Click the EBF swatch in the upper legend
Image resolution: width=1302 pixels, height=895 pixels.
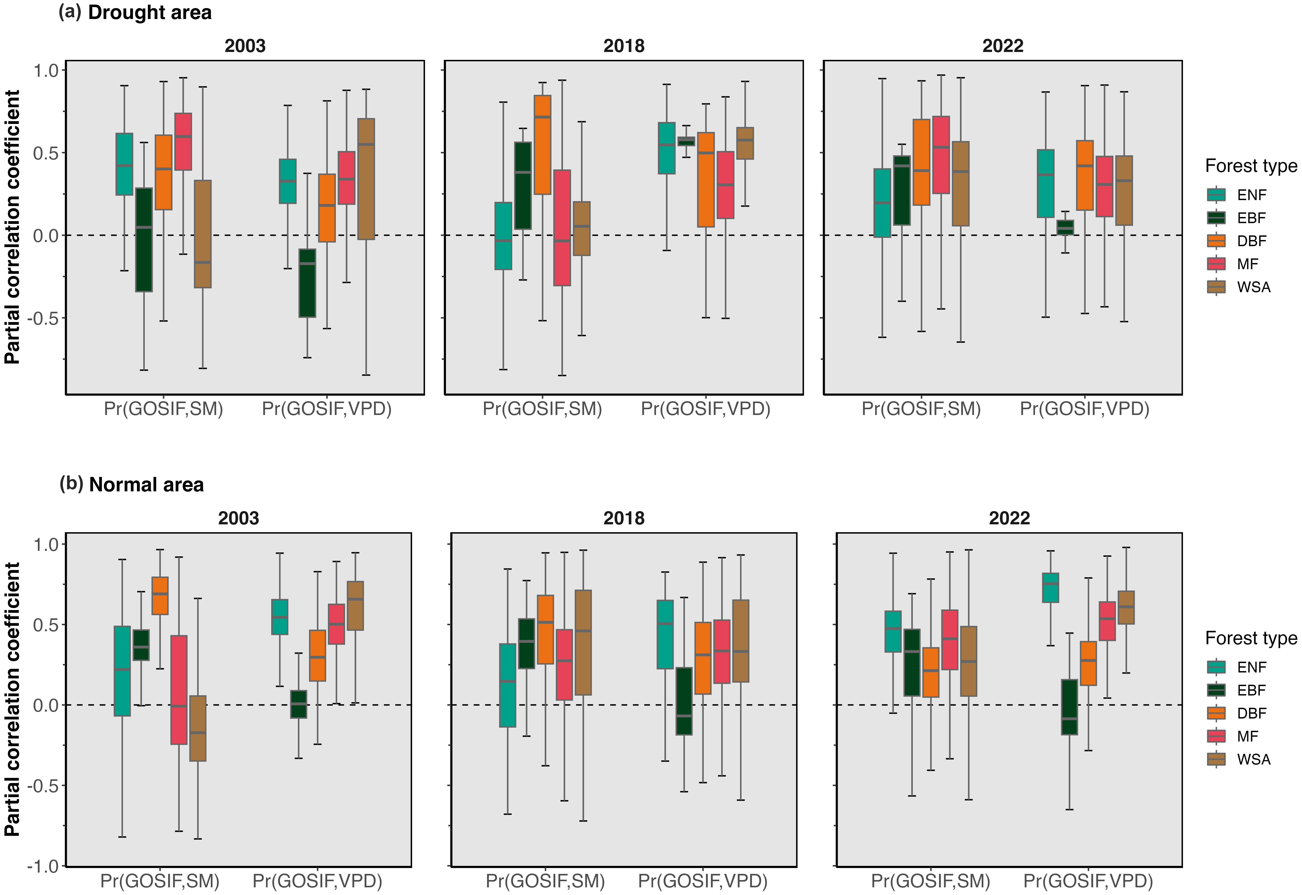[1216, 218]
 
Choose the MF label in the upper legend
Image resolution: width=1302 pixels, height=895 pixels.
[1248, 264]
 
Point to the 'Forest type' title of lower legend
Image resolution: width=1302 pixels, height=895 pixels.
[1251, 638]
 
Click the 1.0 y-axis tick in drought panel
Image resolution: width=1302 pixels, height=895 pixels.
[46, 71]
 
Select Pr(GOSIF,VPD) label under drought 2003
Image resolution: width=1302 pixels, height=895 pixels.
[327, 409]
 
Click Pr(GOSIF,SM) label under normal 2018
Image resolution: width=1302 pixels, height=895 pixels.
[545, 881]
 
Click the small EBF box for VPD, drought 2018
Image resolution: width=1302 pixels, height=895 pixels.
[686, 141]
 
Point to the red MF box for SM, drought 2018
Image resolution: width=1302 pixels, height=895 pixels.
[562, 228]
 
